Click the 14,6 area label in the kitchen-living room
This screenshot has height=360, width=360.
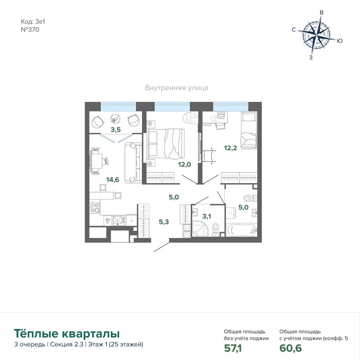coord(113,179)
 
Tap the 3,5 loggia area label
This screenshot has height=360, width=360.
coord(116,130)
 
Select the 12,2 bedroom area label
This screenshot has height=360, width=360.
coord(230,148)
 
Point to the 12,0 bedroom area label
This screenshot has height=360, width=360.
coord(184,165)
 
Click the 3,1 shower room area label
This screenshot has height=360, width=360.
coord(207,216)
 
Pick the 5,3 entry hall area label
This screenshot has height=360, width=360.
coord(164,222)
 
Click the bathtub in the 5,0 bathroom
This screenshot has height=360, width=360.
coord(242,230)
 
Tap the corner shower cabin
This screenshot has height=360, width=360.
coord(200,228)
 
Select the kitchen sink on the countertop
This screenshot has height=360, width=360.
coord(119,221)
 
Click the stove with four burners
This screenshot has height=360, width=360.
coord(95,208)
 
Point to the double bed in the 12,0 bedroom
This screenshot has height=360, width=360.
coord(166,143)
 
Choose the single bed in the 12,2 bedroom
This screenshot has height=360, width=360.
coord(248,130)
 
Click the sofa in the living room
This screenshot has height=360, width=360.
coord(133,163)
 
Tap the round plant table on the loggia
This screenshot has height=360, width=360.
coord(115,119)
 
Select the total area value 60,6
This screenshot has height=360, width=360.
coord(291,348)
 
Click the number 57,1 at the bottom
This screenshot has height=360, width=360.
coord(233,348)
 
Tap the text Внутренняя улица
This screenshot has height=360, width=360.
coord(176,88)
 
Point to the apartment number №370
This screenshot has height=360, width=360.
coord(30,30)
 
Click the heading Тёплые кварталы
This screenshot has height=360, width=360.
coord(67,334)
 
